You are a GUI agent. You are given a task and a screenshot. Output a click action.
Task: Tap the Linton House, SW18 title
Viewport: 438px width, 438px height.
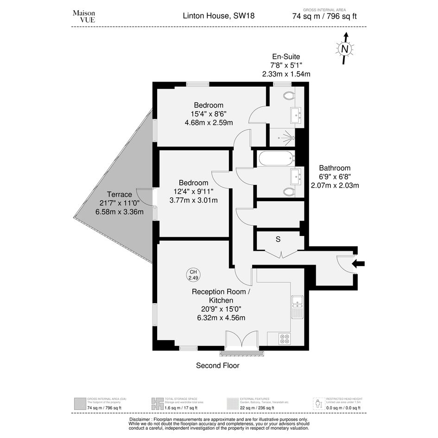219,16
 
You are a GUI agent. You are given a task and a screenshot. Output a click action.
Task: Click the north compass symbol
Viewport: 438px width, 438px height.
344,49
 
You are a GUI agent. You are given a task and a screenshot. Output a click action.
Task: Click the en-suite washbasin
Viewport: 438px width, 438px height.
295,115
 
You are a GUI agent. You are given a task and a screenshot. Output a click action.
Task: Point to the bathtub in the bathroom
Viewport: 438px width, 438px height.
276,158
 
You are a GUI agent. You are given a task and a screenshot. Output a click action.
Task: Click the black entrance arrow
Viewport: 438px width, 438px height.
358,264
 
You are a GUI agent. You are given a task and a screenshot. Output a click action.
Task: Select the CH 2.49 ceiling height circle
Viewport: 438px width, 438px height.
192,274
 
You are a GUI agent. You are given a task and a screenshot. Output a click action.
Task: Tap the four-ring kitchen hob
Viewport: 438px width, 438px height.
285,339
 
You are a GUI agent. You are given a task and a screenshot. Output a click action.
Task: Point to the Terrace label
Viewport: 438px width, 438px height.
119,195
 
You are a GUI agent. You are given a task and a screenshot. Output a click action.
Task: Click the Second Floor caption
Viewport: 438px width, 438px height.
217,366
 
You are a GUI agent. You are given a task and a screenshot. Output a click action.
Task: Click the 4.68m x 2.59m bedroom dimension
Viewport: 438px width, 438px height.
209,122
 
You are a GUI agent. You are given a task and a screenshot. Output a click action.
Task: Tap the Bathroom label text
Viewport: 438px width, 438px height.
335,168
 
